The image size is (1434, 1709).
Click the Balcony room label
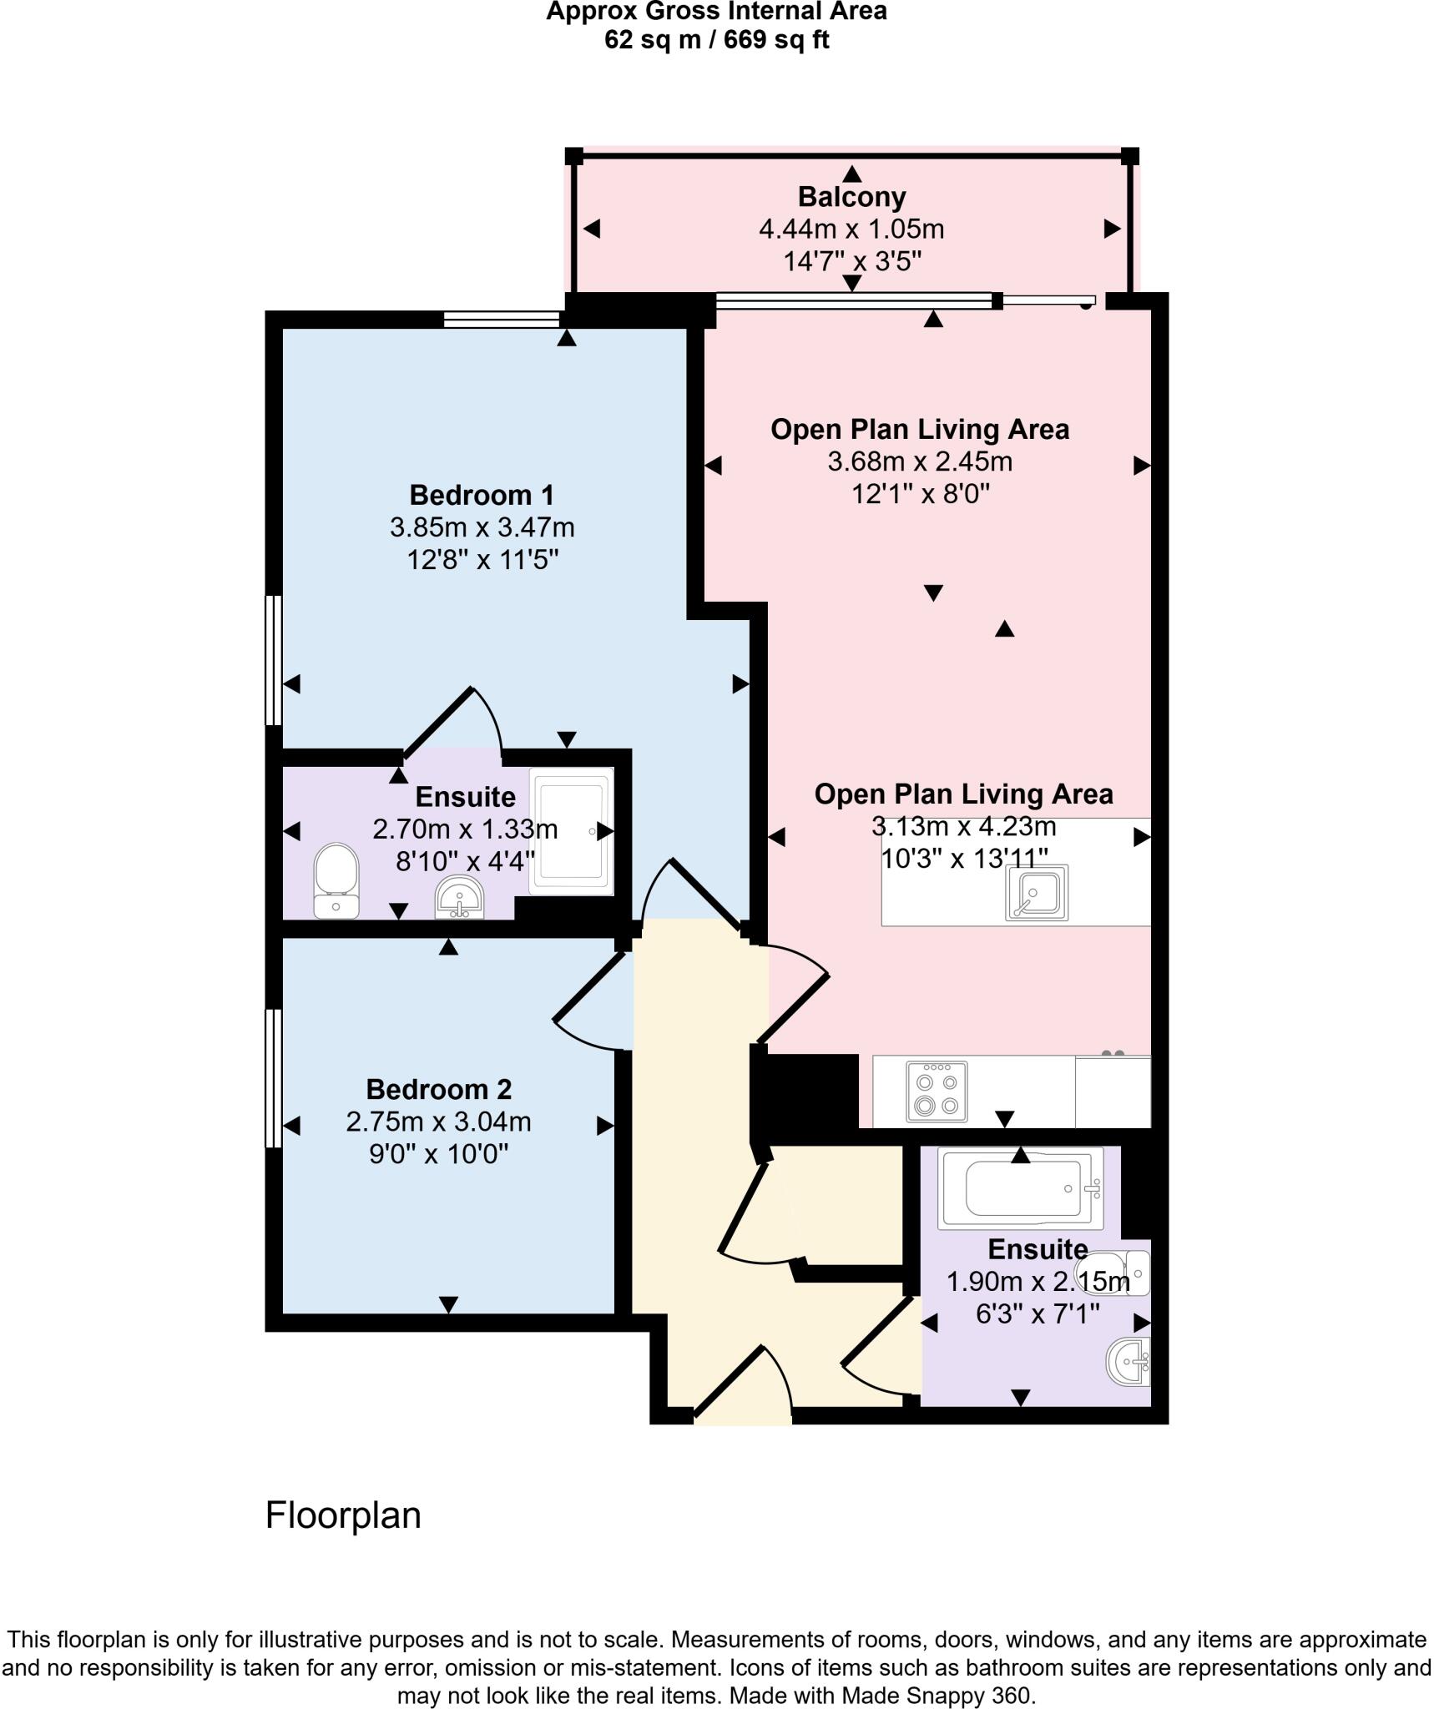click(x=851, y=198)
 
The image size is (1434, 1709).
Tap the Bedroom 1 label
click(x=482, y=496)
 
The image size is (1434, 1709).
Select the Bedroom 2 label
click(x=438, y=1090)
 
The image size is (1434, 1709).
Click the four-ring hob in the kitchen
click(x=937, y=1091)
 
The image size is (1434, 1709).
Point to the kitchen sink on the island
click(x=1037, y=893)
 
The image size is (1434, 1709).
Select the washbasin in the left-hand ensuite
click(x=458, y=897)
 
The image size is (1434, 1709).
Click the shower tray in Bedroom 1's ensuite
click(x=572, y=831)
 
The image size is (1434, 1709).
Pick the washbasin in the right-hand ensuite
click(x=1129, y=1363)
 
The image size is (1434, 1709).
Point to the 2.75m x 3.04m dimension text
click(x=438, y=1122)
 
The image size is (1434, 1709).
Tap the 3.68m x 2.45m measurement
click(x=920, y=461)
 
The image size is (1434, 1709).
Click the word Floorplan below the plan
click(x=343, y=1515)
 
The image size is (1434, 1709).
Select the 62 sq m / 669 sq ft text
click(x=716, y=39)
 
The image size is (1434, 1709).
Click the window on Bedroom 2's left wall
click(x=272, y=1078)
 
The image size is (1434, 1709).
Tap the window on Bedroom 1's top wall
click(x=502, y=319)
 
